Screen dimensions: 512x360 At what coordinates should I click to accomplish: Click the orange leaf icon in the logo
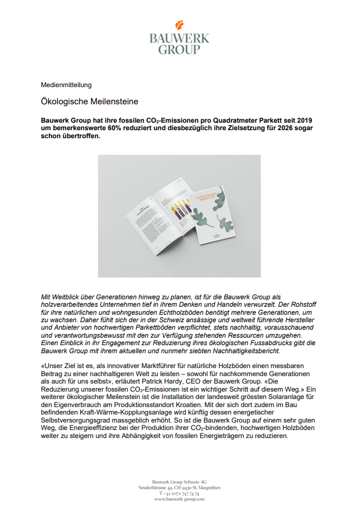click(x=179, y=24)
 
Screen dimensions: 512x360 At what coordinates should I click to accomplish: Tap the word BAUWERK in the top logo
click(x=179, y=39)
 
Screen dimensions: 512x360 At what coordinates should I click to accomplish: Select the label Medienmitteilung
click(x=66, y=85)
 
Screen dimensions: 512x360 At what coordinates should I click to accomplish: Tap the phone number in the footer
click(x=179, y=493)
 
